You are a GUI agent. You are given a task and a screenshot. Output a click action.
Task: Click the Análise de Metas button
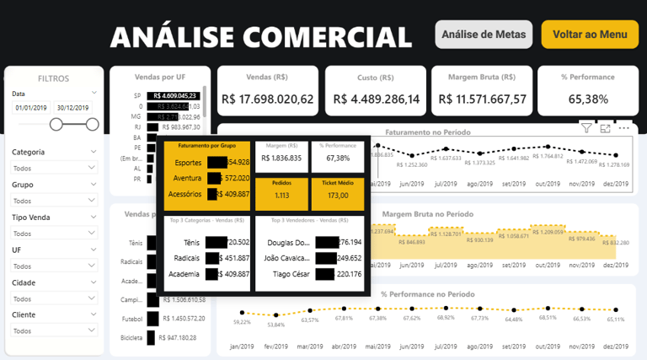pyautogui.click(x=484, y=35)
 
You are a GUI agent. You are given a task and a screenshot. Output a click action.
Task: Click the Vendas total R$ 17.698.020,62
pyautogui.click(x=267, y=99)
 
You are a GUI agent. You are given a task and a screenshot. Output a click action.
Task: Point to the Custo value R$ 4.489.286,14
pyautogui.click(x=376, y=99)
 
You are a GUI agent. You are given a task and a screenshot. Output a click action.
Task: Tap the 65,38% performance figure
pyautogui.click(x=588, y=99)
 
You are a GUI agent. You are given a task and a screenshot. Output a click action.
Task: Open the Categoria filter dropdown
pyautogui.click(x=55, y=168)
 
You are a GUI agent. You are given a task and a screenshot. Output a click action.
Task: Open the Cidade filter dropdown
pyautogui.click(x=55, y=298)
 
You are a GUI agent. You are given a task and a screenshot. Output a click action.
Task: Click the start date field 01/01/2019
pyautogui.click(x=31, y=108)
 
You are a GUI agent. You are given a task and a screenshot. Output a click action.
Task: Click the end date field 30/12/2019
pyautogui.click(x=74, y=108)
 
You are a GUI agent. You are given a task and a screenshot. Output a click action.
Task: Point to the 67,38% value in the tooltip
pyautogui.click(x=338, y=158)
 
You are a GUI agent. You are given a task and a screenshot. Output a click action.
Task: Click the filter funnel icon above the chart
pyautogui.click(x=586, y=128)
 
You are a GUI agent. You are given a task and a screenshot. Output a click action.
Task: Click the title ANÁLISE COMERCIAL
pyautogui.click(x=260, y=36)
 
